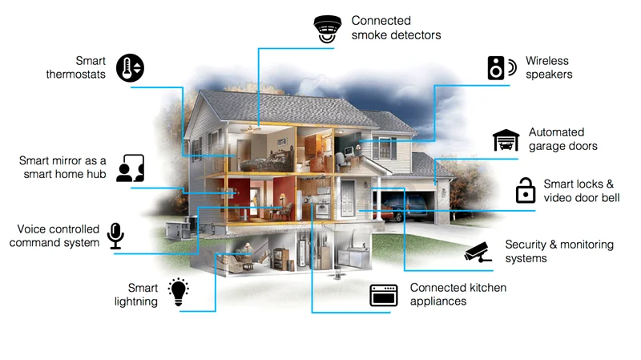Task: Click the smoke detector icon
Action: [328, 29]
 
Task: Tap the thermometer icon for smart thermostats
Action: [130, 67]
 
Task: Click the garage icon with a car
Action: [506, 140]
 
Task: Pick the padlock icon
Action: [526, 190]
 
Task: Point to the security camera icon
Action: [478, 252]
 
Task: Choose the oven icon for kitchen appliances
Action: [384, 295]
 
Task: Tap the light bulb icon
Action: [178, 292]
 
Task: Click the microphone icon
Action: [115, 236]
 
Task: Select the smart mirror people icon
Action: [130, 168]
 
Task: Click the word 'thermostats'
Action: [75, 75]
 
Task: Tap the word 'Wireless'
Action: [547, 61]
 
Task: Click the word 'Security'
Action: [526, 245]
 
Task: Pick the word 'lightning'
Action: [135, 302]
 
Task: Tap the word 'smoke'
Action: [368, 35]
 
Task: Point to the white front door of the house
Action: [348, 199]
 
